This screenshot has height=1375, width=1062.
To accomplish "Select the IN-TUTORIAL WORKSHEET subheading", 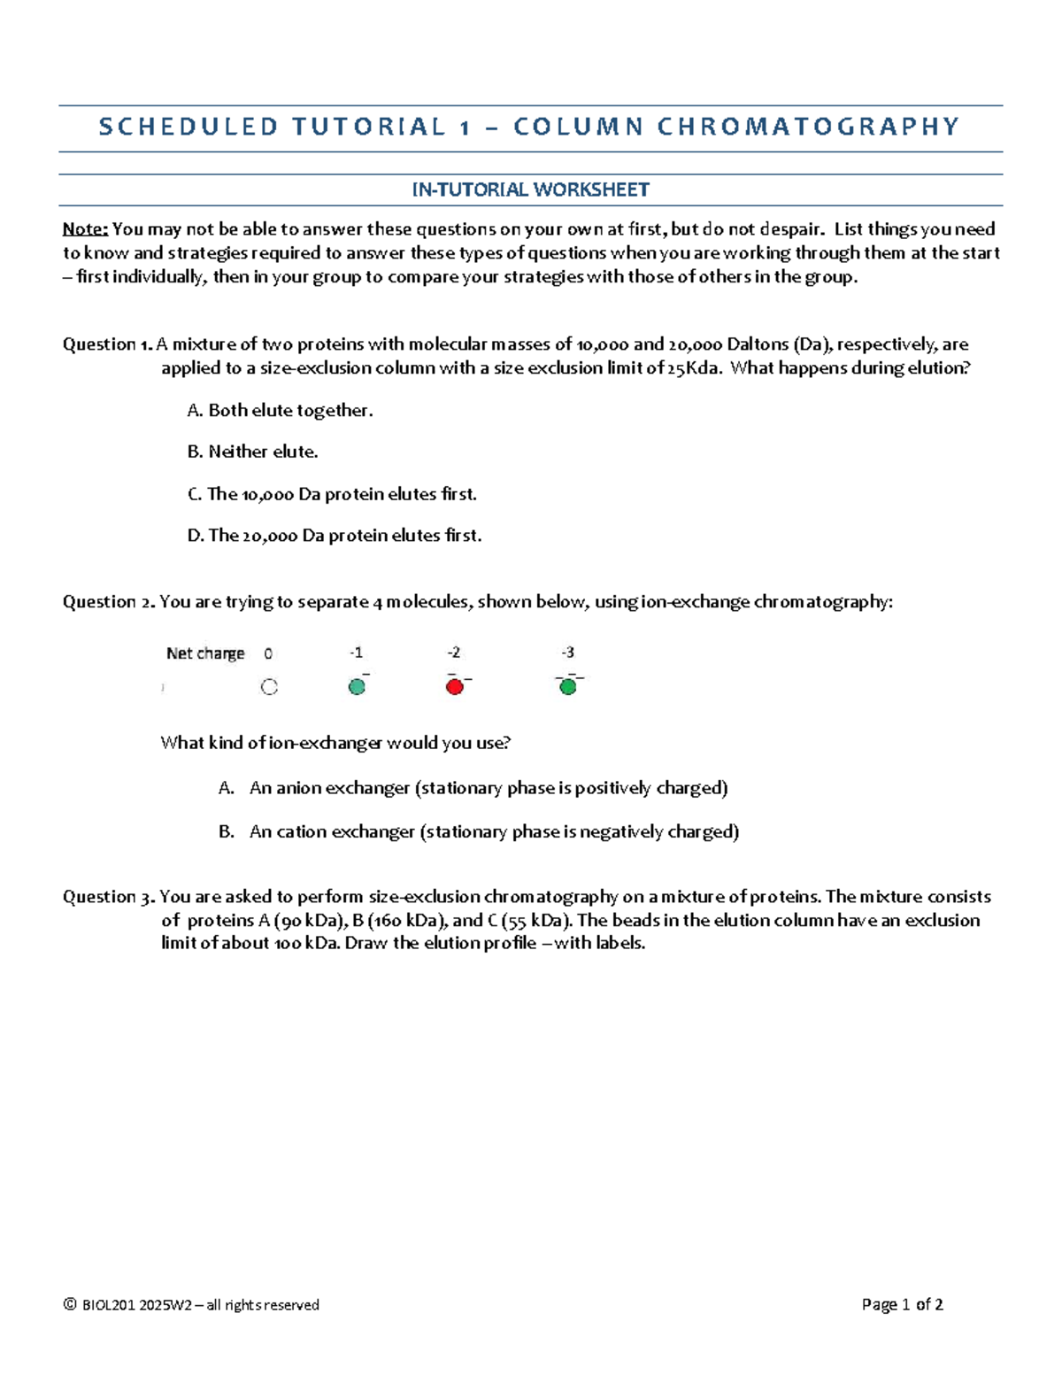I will (530, 189).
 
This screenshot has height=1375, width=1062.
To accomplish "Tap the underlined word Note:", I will (85, 229).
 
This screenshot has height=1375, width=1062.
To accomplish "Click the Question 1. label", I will (107, 344).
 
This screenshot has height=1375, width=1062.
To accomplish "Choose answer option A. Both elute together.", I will (280, 411).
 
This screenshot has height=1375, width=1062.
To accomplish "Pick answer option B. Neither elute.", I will (252, 452).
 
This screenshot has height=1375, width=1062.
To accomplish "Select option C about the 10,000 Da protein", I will (332, 494).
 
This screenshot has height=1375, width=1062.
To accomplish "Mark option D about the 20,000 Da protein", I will (335, 536).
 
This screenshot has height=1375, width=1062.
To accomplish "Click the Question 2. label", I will (108, 602).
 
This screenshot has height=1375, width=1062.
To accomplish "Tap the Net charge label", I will (205, 653).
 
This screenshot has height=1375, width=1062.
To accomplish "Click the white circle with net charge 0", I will (269, 687).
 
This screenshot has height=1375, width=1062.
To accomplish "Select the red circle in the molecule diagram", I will (455, 687).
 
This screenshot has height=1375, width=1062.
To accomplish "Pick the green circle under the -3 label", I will (568, 687).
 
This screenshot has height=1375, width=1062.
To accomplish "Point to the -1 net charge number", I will (356, 653).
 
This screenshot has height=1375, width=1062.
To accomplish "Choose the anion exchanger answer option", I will (488, 788).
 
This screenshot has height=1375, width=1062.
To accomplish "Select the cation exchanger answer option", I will (494, 832).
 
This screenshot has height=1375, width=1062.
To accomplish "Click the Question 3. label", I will (108, 897).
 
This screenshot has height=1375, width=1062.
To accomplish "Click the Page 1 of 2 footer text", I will (902, 1304).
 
